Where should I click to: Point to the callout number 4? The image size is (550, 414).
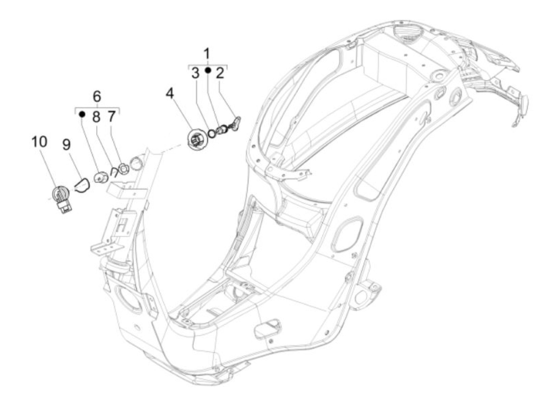[170, 93]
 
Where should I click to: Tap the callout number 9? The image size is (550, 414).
[66, 144]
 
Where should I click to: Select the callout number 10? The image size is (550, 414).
[39, 142]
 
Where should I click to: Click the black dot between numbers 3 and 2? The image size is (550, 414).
[208, 71]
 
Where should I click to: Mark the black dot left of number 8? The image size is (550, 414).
[82, 114]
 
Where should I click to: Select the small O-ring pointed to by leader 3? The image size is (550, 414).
[211, 133]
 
